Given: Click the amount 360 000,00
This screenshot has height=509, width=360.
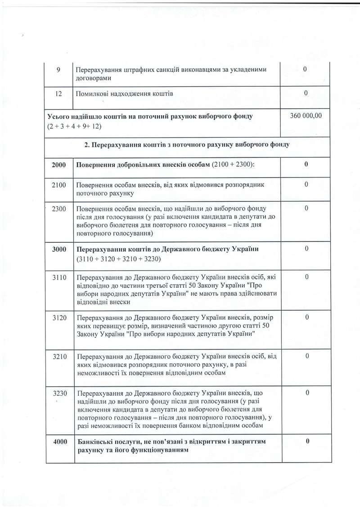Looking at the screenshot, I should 306,116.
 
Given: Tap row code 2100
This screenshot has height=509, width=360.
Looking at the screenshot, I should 59,185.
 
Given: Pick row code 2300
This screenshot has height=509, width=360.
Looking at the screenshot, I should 59,209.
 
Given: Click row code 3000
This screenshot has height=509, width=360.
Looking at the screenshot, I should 59,249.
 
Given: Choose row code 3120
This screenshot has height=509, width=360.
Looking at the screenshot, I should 59,317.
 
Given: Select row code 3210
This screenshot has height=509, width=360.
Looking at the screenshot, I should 59,357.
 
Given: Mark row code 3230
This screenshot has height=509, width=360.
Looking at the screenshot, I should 59,393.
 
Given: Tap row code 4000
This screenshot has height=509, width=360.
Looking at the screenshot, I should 60,442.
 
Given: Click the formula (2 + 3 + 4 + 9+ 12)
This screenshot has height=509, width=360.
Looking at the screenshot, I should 74,126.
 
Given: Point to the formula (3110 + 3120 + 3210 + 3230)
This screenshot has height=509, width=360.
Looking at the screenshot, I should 119,259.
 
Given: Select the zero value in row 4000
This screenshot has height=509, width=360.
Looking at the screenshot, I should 306,442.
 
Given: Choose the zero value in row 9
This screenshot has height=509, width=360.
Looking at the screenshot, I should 306,70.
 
